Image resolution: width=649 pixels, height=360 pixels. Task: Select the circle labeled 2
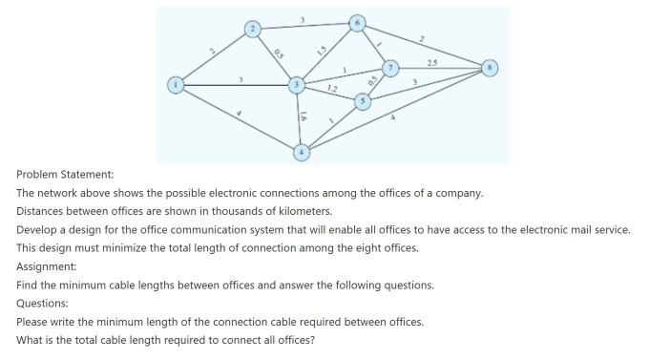coord(253,29)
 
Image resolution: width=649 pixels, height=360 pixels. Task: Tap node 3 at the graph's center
coord(298,86)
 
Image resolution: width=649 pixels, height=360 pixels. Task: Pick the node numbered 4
coord(302,150)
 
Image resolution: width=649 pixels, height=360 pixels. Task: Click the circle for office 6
coord(357,21)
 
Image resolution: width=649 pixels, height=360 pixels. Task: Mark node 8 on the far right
coord(491,68)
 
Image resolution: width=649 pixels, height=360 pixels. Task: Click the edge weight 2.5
coord(432,62)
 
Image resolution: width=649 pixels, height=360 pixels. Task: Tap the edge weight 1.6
coord(304,116)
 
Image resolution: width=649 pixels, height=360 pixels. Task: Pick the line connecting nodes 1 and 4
coord(239,117)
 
